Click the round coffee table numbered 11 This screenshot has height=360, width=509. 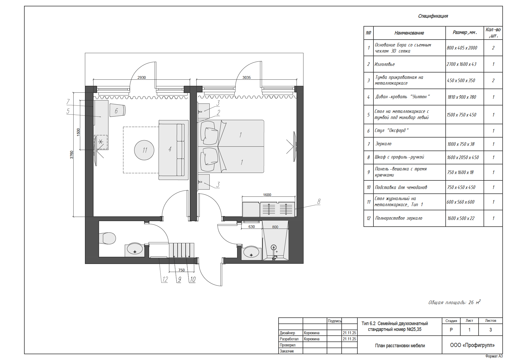pyautogui.click(x=144, y=150)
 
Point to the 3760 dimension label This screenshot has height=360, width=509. pyautogui.click(x=72, y=154)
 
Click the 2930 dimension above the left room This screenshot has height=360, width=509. pyautogui.click(x=142, y=77)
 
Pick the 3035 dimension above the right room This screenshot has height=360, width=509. pyautogui.click(x=246, y=77)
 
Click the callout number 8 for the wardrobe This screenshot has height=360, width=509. pyautogui.click(x=319, y=202)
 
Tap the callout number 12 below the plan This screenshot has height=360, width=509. pyautogui.click(x=165, y=279)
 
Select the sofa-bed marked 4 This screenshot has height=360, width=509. pyautogui.click(x=173, y=150)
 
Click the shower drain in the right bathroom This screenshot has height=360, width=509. pyautogui.click(x=274, y=247)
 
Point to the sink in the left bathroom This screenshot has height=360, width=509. pyautogui.click(x=135, y=249)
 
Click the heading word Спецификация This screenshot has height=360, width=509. pyautogui.click(x=433, y=16)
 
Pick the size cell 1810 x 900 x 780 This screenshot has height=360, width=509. pyautogui.click(x=462, y=97)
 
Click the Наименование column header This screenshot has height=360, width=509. pyautogui.click(x=409, y=33)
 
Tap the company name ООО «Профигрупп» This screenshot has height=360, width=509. pyautogui.click(x=472, y=345)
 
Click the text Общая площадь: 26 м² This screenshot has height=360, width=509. pyautogui.click(x=454, y=302)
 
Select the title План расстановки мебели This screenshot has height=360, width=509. pyautogui.click(x=400, y=346)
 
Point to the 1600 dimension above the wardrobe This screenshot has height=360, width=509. pyautogui.click(x=267, y=195)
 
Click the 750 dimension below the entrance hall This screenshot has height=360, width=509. pyautogui.click(x=181, y=270)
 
